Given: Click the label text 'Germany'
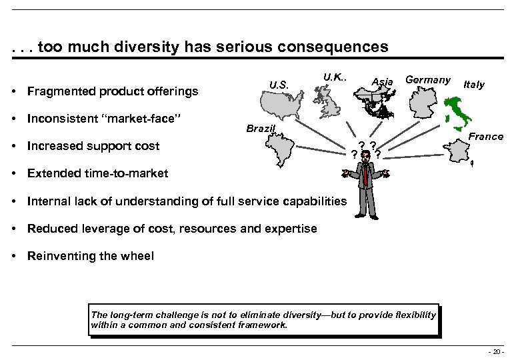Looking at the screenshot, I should (x=428, y=80).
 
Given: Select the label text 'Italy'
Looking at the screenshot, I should (x=473, y=85).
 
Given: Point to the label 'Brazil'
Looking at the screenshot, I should (x=261, y=128).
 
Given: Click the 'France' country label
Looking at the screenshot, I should (x=486, y=137).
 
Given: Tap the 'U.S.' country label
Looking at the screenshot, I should (x=279, y=85).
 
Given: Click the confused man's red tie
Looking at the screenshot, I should (x=366, y=174).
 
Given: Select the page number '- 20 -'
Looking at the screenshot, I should (x=495, y=351).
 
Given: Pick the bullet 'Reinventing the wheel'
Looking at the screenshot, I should (x=90, y=256).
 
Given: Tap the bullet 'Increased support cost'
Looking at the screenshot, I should (x=93, y=146).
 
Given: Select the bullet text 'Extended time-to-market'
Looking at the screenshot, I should (x=97, y=173).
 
